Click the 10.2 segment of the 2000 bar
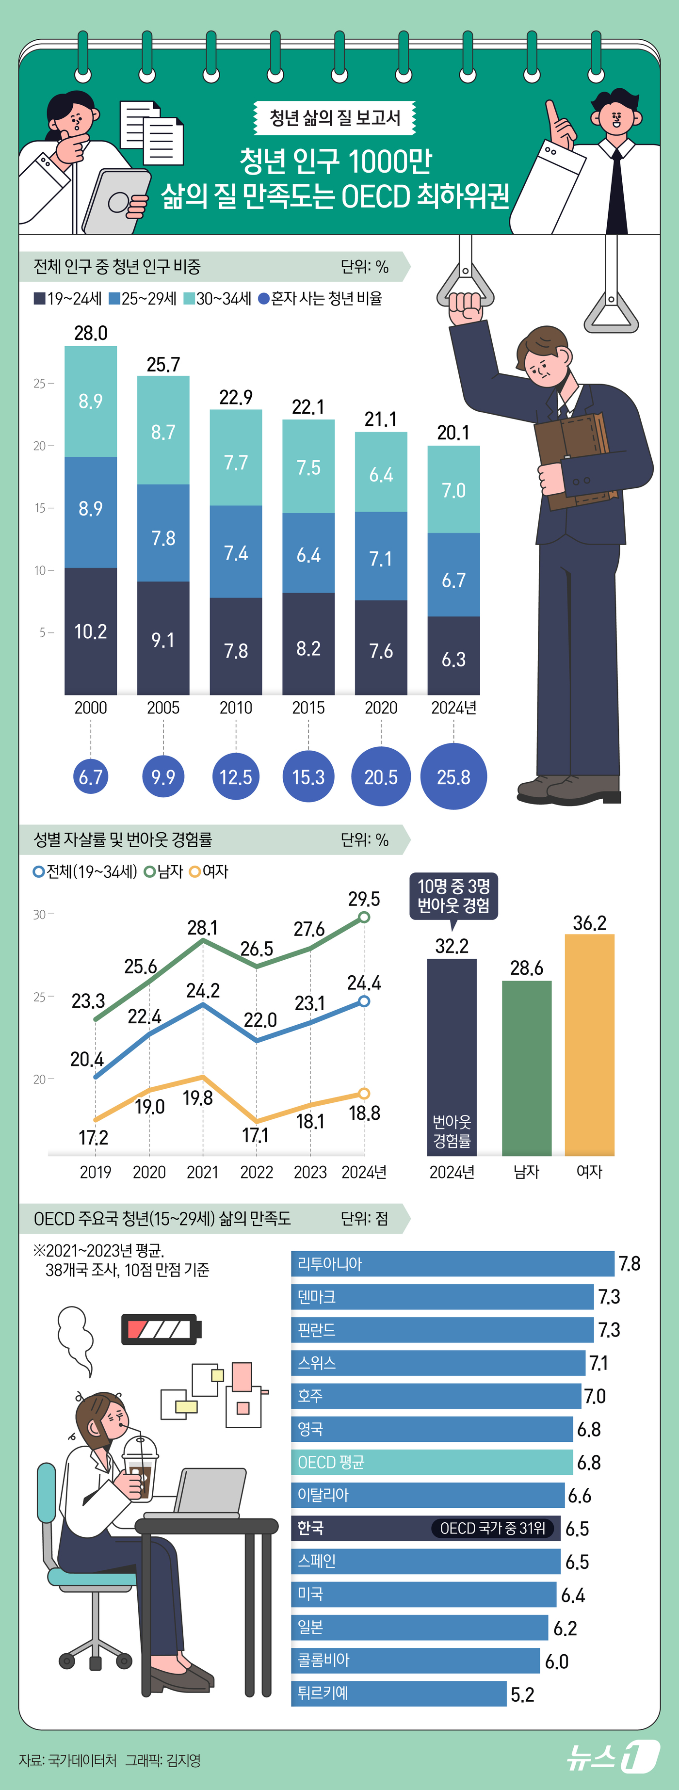[x=90, y=631]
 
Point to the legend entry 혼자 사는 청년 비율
[x=321, y=299]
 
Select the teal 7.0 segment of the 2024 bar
[x=453, y=490]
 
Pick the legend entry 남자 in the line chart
[x=164, y=871]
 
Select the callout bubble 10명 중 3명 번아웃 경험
[x=453, y=896]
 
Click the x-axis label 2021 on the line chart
[x=202, y=1172]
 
